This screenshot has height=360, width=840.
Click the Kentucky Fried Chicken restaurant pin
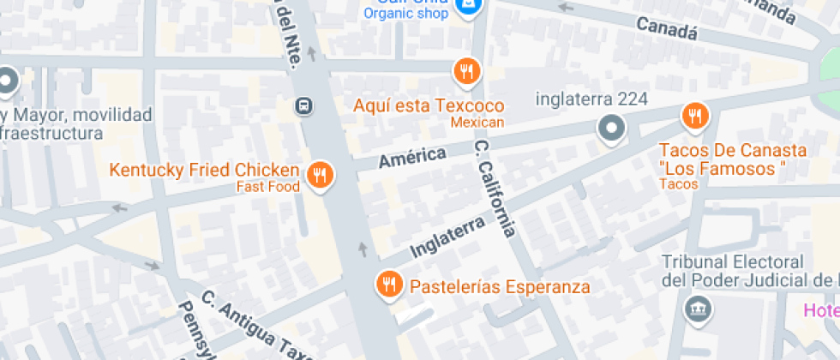[x=321, y=176]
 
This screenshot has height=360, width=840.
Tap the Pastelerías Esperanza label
[x=500, y=286]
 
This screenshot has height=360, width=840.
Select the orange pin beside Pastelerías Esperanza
[x=389, y=284]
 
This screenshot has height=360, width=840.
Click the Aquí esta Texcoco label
[x=429, y=105]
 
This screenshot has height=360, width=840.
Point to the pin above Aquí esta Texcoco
[x=466, y=71]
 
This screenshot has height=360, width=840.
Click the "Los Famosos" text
[x=723, y=169]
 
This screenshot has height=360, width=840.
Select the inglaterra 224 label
[x=591, y=99]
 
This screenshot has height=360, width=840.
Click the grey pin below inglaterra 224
[x=611, y=129]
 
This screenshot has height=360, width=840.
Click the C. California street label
[x=496, y=189]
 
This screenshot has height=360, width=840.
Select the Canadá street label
[x=667, y=28]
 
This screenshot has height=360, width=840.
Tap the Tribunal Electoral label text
[x=734, y=271]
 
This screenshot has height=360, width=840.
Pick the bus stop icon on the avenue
[x=303, y=106]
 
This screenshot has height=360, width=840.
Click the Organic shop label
[x=406, y=12]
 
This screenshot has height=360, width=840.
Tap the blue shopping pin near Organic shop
[x=467, y=7]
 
